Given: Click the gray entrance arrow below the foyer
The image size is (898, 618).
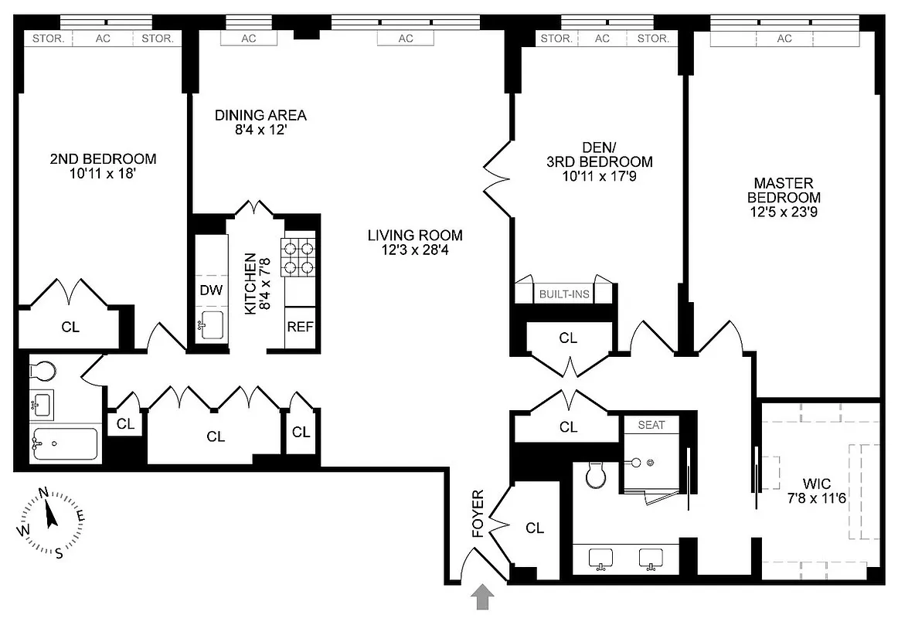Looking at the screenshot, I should (482, 597).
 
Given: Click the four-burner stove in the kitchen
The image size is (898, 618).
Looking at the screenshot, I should (300, 257).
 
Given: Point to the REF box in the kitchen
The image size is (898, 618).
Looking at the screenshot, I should (300, 327).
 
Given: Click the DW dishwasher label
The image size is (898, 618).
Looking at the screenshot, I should (211, 291).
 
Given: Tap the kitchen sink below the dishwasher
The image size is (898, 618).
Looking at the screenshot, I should (210, 326).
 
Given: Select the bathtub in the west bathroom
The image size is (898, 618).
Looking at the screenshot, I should (64, 444).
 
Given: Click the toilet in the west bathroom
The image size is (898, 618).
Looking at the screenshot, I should (43, 372).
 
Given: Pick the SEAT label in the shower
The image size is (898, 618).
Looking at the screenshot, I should (651, 425).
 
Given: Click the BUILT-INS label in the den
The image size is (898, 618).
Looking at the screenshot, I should (564, 294).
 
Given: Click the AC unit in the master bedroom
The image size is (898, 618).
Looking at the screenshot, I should (784, 39).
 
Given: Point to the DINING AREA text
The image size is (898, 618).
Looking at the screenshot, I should (260, 116).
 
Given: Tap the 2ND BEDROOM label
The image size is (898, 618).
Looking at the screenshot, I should (103, 159).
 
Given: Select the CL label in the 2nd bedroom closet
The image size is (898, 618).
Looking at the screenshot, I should (70, 327).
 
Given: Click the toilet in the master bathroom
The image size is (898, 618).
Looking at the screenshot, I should (595, 474).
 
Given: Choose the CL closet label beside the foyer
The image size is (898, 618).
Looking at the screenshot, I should (535, 528).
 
